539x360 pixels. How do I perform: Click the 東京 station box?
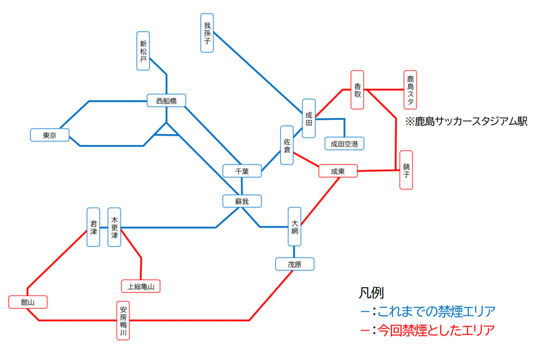(x=50, y=136)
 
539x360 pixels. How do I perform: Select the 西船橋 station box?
(x=166, y=100)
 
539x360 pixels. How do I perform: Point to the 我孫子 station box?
(x=208, y=32)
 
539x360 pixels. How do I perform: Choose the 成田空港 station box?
(x=344, y=144)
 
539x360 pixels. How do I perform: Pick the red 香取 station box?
(x=358, y=90)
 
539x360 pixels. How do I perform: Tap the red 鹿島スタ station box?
(x=410, y=90)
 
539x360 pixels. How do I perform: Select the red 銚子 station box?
(x=406, y=170)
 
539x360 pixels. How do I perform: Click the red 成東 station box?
(x=338, y=172)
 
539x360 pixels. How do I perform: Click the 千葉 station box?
(x=242, y=171)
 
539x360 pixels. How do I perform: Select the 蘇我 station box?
(x=242, y=201)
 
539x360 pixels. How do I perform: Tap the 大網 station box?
(x=294, y=227)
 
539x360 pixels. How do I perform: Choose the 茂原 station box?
(x=294, y=264)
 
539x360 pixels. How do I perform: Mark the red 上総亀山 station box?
(x=141, y=287)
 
